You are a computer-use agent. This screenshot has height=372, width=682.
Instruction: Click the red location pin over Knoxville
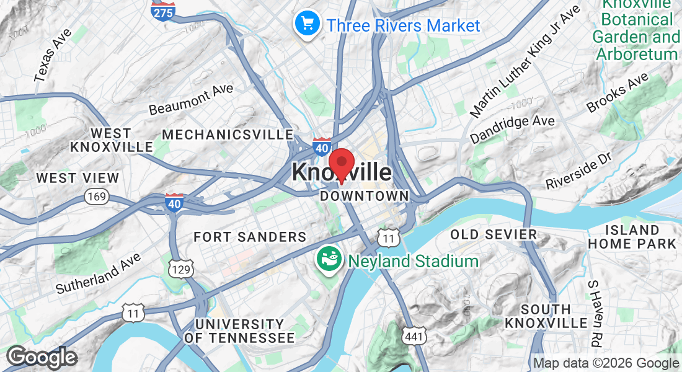(341, 162)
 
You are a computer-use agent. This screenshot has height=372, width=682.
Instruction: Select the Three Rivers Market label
(403, 25)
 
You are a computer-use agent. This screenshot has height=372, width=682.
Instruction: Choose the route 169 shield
(97, 197)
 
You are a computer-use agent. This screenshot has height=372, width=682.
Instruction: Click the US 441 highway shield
(412, 335)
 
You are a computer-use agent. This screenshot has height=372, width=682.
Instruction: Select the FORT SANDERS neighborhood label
(250, 237)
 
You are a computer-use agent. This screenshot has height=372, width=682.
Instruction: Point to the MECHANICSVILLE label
(228, 135)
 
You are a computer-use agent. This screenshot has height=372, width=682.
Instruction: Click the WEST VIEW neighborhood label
(77, 178)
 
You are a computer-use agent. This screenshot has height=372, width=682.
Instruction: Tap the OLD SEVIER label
(494, 234)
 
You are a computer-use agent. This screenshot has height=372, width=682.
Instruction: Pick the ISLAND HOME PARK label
(632, 237)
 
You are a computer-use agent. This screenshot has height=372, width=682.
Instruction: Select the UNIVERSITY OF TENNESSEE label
(239, 331)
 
